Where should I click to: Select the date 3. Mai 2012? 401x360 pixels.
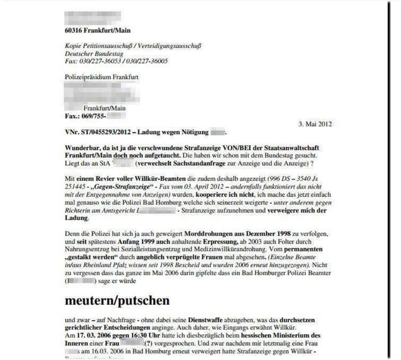tap(315, 124)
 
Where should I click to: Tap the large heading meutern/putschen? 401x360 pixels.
tap(117, 300)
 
